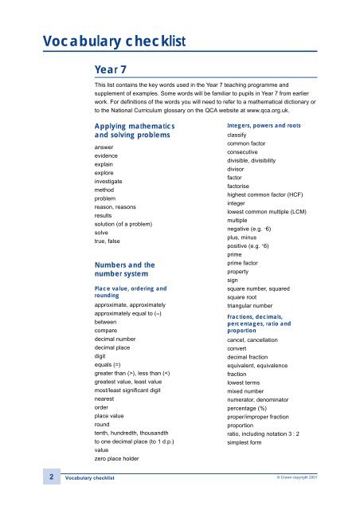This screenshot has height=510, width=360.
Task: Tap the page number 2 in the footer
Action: point(51,477)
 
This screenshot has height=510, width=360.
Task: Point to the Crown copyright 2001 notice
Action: point(319,478)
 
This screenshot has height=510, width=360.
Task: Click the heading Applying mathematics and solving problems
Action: point(133,131)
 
